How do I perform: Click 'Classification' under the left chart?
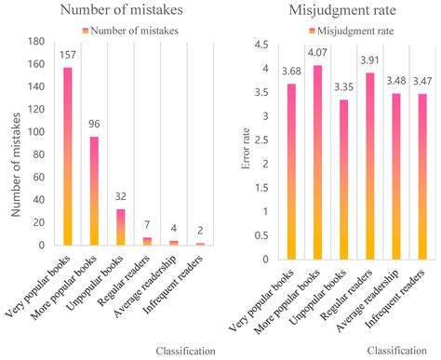pos(183,352)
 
